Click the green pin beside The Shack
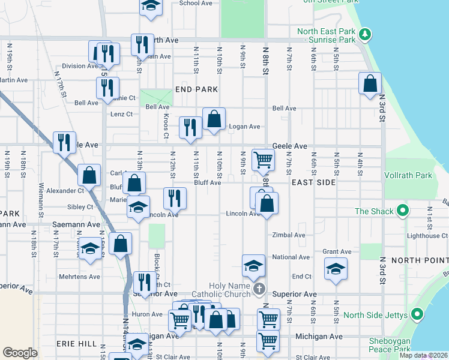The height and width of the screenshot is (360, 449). [x=403, y=211]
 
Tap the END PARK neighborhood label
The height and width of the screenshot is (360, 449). [x=196, y=89]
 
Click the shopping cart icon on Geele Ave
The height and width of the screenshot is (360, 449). [x=263, y=160]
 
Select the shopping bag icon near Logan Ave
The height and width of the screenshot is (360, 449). [x=214, y=119]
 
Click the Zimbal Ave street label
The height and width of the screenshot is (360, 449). [x=289, y=235]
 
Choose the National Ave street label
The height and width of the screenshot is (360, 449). [x=291, y=257]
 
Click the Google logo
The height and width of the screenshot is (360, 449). [x=20, y=353]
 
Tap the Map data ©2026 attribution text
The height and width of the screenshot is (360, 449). [x=423, y=355]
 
